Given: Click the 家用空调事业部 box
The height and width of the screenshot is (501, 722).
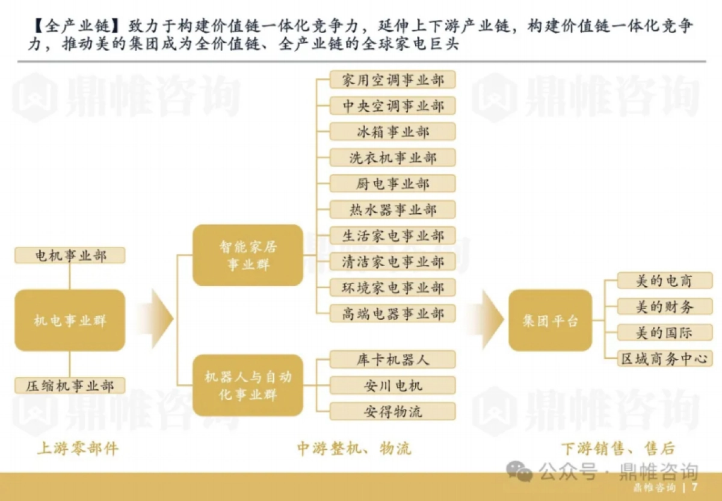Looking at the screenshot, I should click(x=392, y=80).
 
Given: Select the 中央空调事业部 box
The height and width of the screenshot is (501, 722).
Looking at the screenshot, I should click(x=392, y=106).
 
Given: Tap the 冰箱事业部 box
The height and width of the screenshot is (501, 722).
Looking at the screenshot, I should click(x=392, y=132).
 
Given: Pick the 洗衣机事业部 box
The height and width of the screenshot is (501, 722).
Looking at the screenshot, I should click(x=392, y=158).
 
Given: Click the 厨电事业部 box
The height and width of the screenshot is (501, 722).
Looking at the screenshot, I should click(x=392, y=184).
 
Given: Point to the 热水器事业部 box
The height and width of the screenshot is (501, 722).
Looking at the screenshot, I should click(x=392, y=210).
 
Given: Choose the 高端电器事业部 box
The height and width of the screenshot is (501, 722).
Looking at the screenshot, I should click(x=392, y=313).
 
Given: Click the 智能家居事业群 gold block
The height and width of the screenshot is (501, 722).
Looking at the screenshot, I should click(x=247, y=255).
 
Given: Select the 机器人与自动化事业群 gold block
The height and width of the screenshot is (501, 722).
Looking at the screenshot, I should click(x=247, y=385).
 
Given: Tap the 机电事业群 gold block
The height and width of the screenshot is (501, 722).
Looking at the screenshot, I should click(x=70, y=320).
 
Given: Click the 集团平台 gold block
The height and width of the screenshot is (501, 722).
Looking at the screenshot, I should click(x=550, y=320).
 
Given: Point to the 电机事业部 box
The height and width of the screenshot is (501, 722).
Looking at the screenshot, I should click(x=70, y=255).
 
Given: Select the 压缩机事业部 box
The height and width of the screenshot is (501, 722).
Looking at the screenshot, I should click(x=70, y=385).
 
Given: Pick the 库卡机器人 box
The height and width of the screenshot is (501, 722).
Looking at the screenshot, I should click(x=392, y=359).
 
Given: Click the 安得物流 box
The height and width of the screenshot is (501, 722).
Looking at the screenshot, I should click(x=392, y=412).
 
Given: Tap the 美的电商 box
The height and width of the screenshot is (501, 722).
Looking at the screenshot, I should click(x=664, y=281).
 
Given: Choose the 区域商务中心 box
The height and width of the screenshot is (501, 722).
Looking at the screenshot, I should click(x=664, y=359).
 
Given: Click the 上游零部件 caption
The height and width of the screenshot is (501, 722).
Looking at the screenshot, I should click(x=78, y=449).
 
